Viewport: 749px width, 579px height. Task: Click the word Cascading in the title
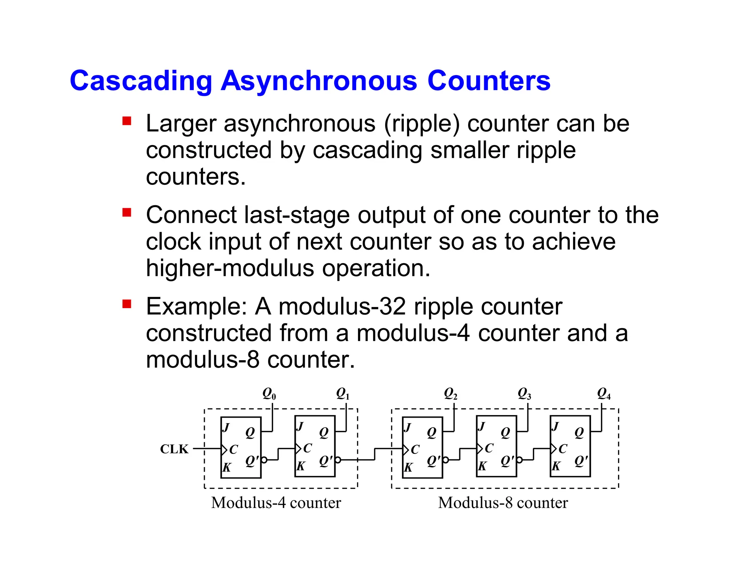tap(141, 81)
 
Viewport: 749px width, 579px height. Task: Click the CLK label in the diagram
tap(174, 449)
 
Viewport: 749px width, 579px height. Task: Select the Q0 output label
tap(269, 394)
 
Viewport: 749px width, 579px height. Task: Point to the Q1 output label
tap(343, 394)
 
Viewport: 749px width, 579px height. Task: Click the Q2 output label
tap(451, 394)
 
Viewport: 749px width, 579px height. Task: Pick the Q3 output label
tap(524, 394)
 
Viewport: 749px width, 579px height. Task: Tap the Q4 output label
tap(603, 394)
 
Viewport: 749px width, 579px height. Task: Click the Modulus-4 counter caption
tap(276, 503)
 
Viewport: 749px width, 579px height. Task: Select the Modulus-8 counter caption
tap(503, 503)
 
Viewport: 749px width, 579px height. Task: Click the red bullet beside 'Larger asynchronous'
tap(127, 121)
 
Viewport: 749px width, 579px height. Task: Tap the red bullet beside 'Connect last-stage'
tap(127, 213)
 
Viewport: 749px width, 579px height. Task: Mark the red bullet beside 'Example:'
tap(127, 304)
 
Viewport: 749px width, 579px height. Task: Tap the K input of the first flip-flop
tap(227, 467)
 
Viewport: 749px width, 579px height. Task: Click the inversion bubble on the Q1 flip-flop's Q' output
tap(338, 460)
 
